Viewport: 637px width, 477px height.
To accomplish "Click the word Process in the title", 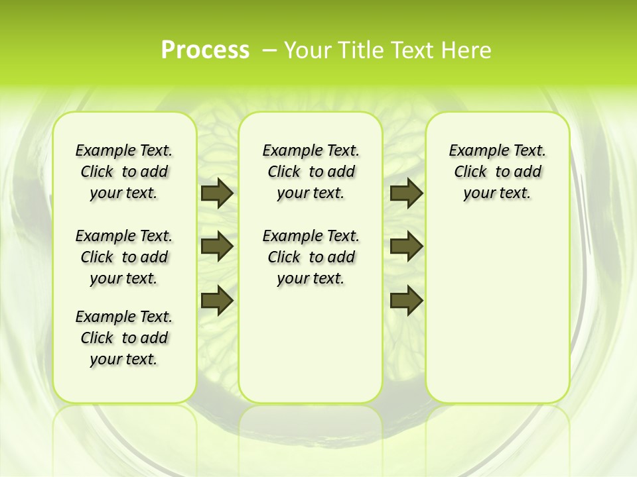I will (x=205, y=50).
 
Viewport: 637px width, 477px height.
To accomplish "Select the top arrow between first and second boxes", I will (x=217, y=193).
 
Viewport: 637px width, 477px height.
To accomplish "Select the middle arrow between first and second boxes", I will (x=217, y=246).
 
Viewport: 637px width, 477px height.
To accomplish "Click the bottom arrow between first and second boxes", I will (x=217, y=299).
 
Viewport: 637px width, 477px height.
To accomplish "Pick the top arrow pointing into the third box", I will (x=406, y=193).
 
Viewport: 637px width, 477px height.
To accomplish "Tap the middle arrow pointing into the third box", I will (x=406, y=246).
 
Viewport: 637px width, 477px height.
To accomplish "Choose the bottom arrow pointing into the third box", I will (x=406, y=299).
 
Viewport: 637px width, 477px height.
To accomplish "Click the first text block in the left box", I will (x=124, y=172).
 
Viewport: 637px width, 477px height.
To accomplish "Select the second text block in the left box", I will (x=124, y=257).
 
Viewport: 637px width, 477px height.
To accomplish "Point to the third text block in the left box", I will (x=124, y=338).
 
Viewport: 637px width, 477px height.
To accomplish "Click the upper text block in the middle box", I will (x=311, y=172).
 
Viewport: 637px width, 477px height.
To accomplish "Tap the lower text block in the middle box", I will (x=311, y=257).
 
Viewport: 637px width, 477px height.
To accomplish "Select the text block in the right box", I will (x=497, y=172).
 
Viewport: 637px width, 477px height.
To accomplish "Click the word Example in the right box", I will (x=474, y=151).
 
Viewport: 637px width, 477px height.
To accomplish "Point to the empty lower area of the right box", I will (x=497, y=311).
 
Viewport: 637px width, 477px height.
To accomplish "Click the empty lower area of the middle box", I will (x=311, y=344).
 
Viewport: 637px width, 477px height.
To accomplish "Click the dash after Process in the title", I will (x=269, y=50).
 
